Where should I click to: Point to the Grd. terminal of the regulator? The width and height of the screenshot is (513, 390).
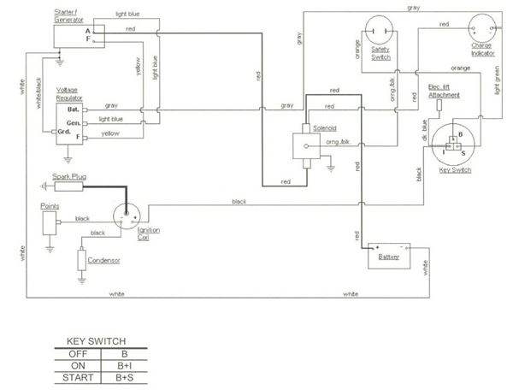[x=65, y=133]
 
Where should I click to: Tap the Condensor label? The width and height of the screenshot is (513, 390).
[x=103, y=260]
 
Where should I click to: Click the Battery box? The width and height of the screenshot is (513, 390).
[x=389, y=254]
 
